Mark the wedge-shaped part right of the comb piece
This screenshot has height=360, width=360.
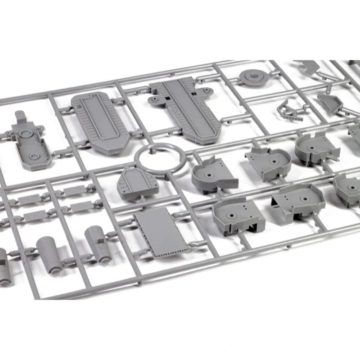coord(330,103)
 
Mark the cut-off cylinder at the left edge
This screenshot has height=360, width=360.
coord(4,265)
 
